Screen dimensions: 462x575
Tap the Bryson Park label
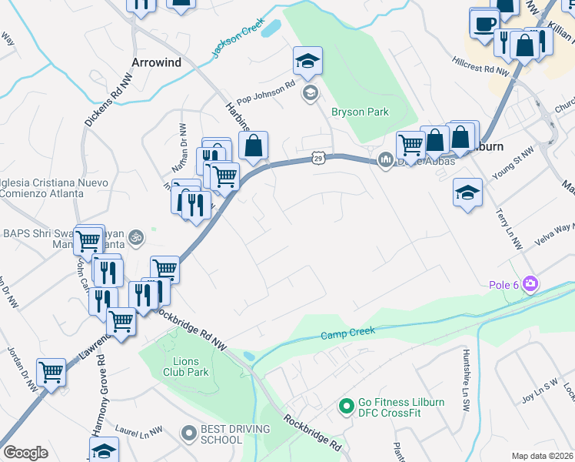[x=360, y=112]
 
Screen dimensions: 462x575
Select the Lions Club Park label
[x=186, y=367]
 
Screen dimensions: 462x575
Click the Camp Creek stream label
[x=347, y=334]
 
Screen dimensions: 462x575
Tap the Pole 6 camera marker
[x=530, y=285]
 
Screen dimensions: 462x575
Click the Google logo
[x=25, y=453]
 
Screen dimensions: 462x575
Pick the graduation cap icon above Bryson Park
[x=307, y=61]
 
